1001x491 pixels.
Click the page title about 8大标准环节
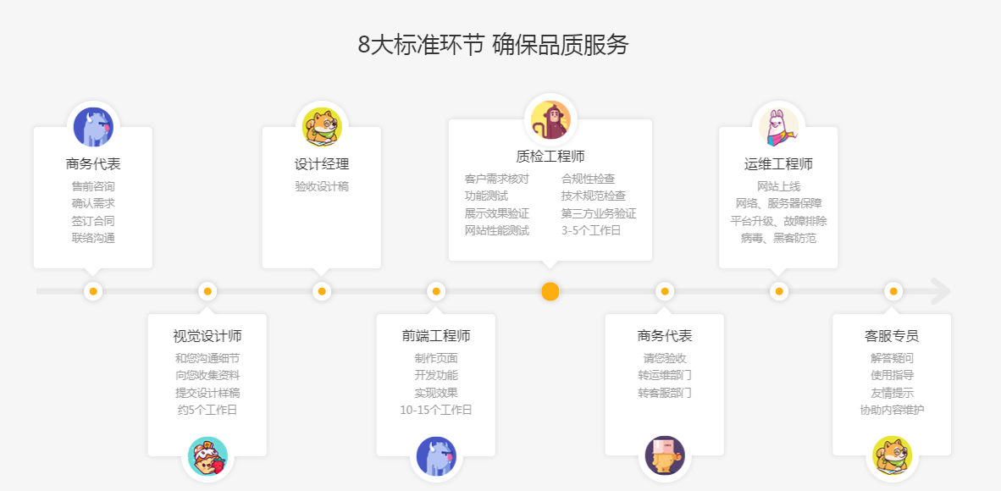494,45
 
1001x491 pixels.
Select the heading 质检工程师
550,156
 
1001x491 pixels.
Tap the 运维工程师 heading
778,164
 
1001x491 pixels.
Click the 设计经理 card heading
322,164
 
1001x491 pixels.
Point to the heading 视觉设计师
207,336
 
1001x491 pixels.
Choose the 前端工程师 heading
436,336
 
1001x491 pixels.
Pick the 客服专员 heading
892,336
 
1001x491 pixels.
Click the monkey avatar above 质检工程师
550,120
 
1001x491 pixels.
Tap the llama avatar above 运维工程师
778,126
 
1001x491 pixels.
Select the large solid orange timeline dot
550,292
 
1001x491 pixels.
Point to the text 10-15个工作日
436,410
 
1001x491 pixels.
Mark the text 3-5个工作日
590,230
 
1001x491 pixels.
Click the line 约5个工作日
207,410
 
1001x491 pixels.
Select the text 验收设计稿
322,186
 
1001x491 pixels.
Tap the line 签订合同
93,221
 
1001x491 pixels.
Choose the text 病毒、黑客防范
778,238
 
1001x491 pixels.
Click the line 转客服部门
665,393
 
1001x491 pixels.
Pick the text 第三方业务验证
599,213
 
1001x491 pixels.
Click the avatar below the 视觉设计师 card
207,456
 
